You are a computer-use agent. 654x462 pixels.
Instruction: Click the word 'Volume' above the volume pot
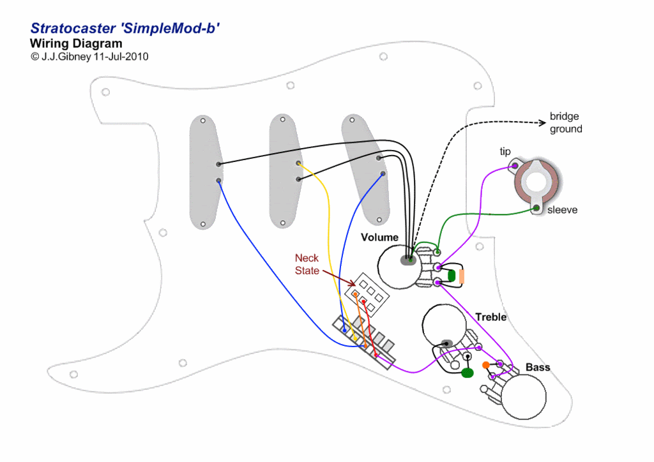[379, 237]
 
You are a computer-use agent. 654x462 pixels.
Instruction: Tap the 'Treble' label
[490, 317]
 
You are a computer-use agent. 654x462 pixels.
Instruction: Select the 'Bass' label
[538, 368]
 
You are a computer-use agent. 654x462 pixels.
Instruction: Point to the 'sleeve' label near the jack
[562, 209]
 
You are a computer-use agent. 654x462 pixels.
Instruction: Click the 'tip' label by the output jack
[505, 151]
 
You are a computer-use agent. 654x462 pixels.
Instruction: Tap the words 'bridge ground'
[566, 123]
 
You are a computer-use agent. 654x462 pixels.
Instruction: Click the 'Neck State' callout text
[307, 264]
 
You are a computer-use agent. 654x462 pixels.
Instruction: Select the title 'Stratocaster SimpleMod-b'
[126, 29]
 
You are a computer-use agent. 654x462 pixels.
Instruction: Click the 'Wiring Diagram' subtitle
[76, 44]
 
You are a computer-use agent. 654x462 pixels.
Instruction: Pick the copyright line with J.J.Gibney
[89, 57]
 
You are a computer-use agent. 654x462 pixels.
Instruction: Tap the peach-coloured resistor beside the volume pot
[462, 276]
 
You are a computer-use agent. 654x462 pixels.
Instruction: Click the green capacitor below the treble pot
[468, 373]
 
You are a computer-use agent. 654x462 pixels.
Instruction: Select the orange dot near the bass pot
[487, 364]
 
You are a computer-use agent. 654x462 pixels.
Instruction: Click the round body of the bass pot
[524, 396]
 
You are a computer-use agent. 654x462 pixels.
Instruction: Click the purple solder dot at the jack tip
[514, 167]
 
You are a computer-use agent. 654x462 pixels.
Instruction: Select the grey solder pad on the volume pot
[406, 260]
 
